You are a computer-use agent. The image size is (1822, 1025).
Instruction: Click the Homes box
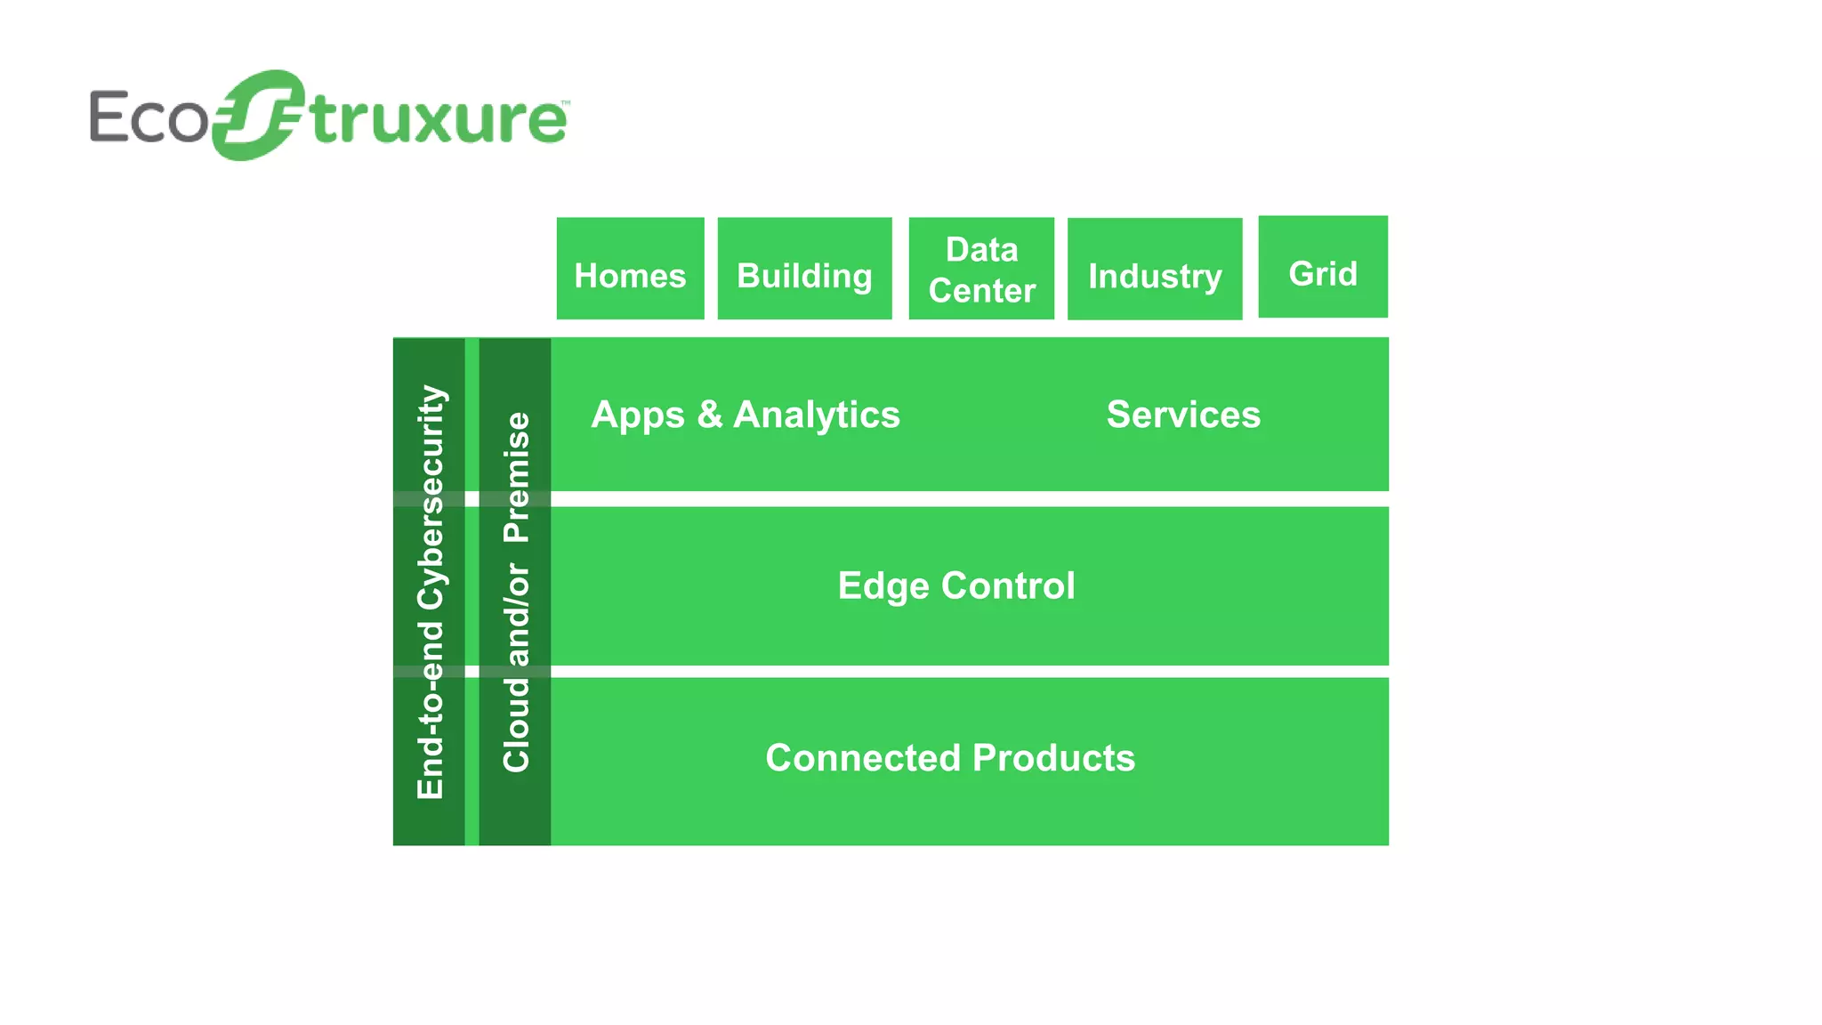(x=630, y=269)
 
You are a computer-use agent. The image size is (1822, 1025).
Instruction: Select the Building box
(x=804, y=269)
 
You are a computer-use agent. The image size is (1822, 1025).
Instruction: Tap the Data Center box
(x=981, y=269)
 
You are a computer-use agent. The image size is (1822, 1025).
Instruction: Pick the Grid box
(x=1323, y=267)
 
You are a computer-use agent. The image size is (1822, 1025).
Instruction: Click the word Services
(x=1183, y=415)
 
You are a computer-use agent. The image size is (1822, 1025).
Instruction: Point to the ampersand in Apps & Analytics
(x=709, y=415)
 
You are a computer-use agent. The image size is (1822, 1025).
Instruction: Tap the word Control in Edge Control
(x=1008, y=585)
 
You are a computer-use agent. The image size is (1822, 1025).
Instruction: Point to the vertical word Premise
(x=516, y=478)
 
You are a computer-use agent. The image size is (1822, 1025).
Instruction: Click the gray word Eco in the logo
(x=148, y=117)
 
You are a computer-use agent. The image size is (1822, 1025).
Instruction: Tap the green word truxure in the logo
(x=438, y=120)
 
